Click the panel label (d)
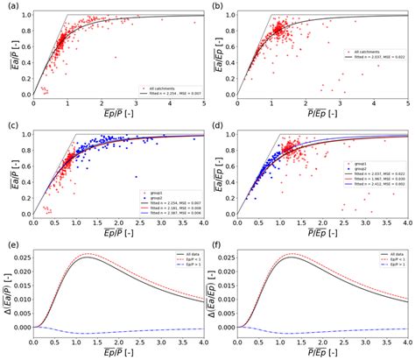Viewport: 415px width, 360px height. [x=219, y=126]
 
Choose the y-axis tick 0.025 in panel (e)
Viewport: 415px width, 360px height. [x=19, y=259]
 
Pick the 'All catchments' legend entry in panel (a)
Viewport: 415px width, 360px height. [x=172, y=86]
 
